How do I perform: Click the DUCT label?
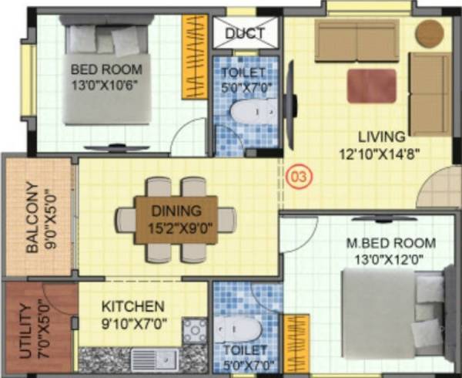(x=246, y=33)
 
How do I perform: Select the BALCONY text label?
(x=33, y=218)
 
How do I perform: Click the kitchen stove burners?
(x=195, y=331)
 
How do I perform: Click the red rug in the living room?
(x=371, y=86)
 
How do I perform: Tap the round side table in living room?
(x=429, y=33)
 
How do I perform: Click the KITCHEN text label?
(x=132, y=306)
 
